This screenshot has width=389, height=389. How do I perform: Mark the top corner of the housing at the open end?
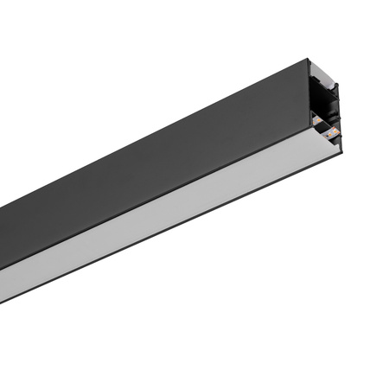[309, 60]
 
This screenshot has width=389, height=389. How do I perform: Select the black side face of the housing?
[156, 156]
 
